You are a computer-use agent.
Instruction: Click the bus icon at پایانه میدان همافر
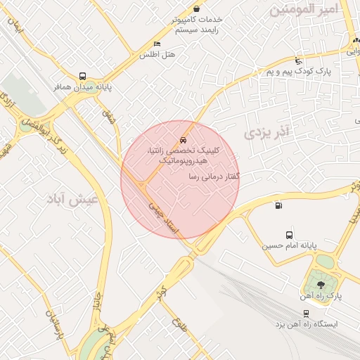pyautogui.click(x=83, y=76)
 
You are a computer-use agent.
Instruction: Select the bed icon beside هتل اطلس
pyautogui.click(x=157, y=44)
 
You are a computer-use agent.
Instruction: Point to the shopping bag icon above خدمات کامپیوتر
pyautogui.click(x=196, y=8)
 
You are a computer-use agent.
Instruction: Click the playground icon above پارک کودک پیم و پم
pyautogui.click(x=299, y=61)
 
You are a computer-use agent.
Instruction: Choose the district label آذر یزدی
pyautogui.click(x=266, y=131)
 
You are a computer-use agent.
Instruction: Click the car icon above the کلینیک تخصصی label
pyautogui.click(x=184, y=140)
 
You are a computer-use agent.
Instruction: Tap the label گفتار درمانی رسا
pyautogui.click(x=214, y=176)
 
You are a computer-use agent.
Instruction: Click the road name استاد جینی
pyautogui.click(x=165, y=219)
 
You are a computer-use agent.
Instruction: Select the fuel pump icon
pyautogui.click(x=279, y=206)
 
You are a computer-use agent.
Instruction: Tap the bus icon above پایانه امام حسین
pyautogui.click(x=290, y=235)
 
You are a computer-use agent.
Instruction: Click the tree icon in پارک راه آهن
pyautogui.click(x=321, y=285)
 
